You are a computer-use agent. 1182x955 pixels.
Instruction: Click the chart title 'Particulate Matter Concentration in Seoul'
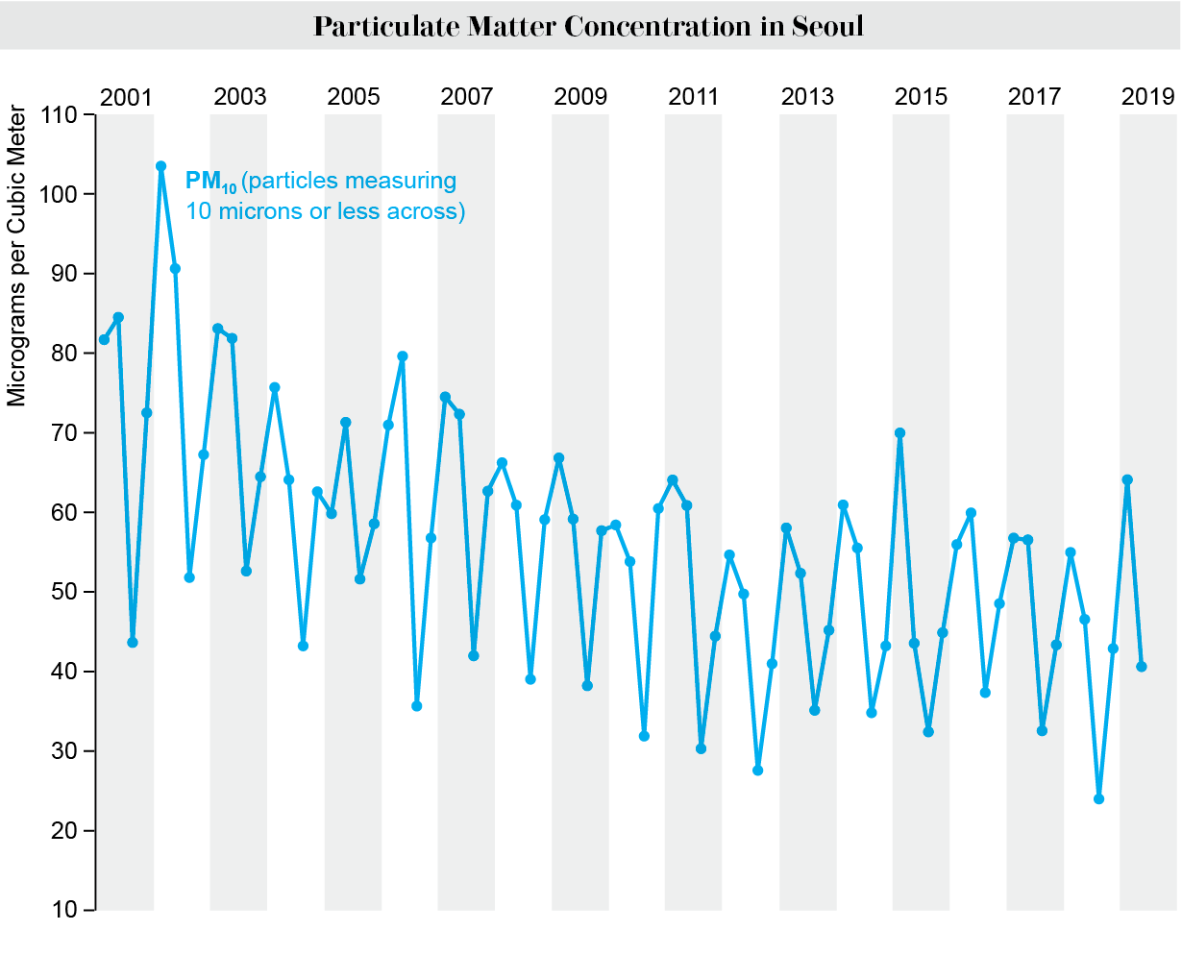(588, 26)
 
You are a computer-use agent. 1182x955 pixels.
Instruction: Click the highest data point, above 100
(160, 166)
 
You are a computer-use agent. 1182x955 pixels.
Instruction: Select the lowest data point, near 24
(1098, 798)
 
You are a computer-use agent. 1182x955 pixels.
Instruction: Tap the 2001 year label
(126, 97)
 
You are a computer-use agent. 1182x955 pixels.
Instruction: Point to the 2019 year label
(1147, 97)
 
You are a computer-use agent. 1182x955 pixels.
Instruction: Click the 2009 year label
(580, 97)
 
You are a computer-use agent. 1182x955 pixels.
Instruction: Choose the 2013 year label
(807, 97)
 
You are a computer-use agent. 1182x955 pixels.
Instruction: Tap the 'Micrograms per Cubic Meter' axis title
(17, 260)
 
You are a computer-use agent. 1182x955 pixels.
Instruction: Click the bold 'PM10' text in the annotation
(210, 182)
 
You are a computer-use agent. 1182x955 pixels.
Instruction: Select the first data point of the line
(104, 339)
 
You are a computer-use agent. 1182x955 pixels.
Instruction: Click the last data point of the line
(1142, 666)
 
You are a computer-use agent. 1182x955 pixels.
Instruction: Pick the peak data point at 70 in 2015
(899, 433)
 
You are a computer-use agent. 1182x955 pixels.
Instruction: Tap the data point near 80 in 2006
(403, 356)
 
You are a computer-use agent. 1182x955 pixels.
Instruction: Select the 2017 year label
(1034, 97)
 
